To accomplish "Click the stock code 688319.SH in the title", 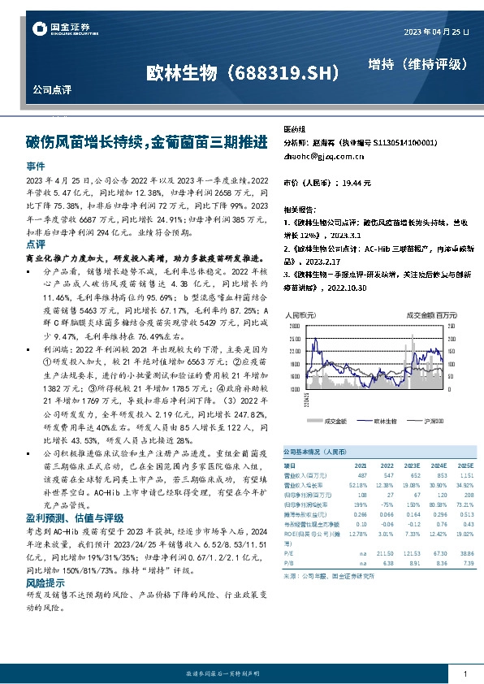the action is point(283,73).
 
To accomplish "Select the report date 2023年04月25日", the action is point(436,31).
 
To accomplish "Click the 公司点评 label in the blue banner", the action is point(50,88).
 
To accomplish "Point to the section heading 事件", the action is point(35,165).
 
